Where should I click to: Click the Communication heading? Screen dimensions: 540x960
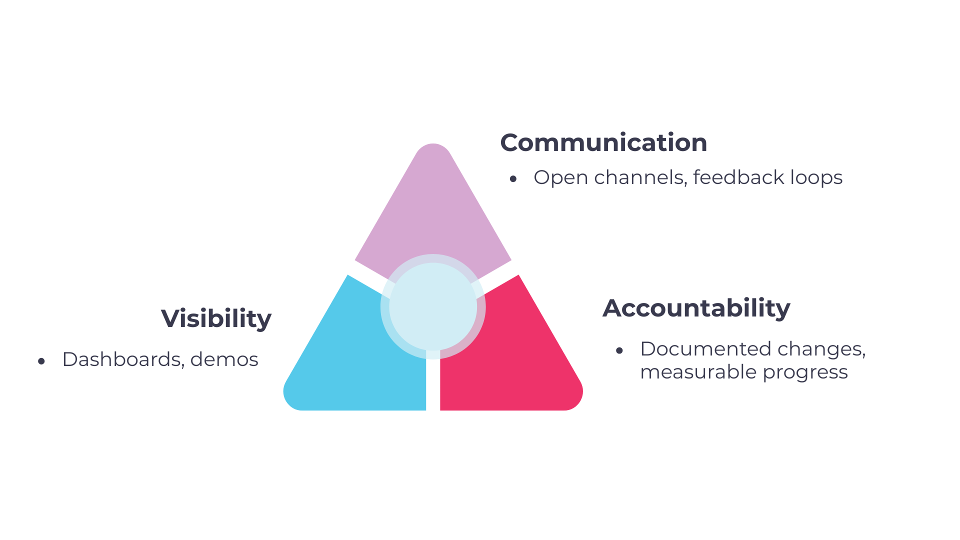(603, 142)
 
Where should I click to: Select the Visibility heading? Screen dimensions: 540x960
(216, 318)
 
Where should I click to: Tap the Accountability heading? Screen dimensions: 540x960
(696, 308)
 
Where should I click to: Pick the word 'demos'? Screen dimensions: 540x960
(224, 359)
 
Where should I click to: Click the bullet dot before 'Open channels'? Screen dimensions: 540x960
(513, 179)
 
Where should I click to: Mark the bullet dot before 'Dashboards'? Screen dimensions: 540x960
(41, 361)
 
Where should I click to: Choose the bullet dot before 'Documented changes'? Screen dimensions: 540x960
(619, 350)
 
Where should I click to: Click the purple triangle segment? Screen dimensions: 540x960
(433, 210)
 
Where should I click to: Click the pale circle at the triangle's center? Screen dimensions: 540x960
(433, 306)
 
